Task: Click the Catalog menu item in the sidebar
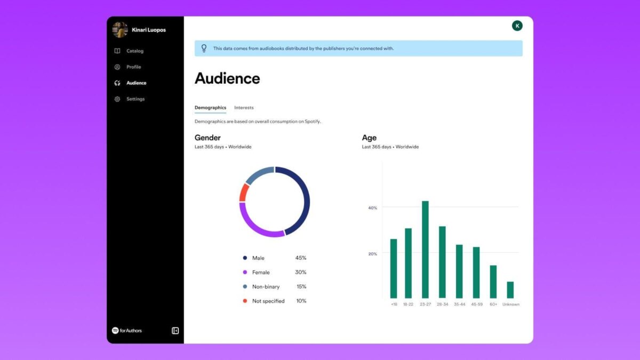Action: pyautogui.click(x=134, y=51)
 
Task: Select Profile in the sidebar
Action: pyautogui.click(x=133, y=67)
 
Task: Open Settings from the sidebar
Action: pyautogui.click(x=135, y=99)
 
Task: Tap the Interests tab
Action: pyautogui.click(x=244, y=108)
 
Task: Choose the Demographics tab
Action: pyautogui.click(x=210, y=108)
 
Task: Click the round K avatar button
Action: pyautogui.click(x=517, y=26)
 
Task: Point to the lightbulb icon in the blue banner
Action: pyautogui.click(x=204, y=49)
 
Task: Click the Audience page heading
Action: pyautogui.click(x=227, y=78)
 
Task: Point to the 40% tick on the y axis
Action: pyautogui.click(x=373, y=207)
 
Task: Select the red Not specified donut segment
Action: pyautogui.click(x=243, y=193)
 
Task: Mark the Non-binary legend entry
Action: pyautogui.click(x=266, y=286)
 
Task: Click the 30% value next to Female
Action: pyautogui.click(x=301, y=272)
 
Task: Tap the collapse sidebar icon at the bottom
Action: pyautogui.click(x=175, y=331)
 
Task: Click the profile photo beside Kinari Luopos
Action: pyautogui.click(x=120, y=30)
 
